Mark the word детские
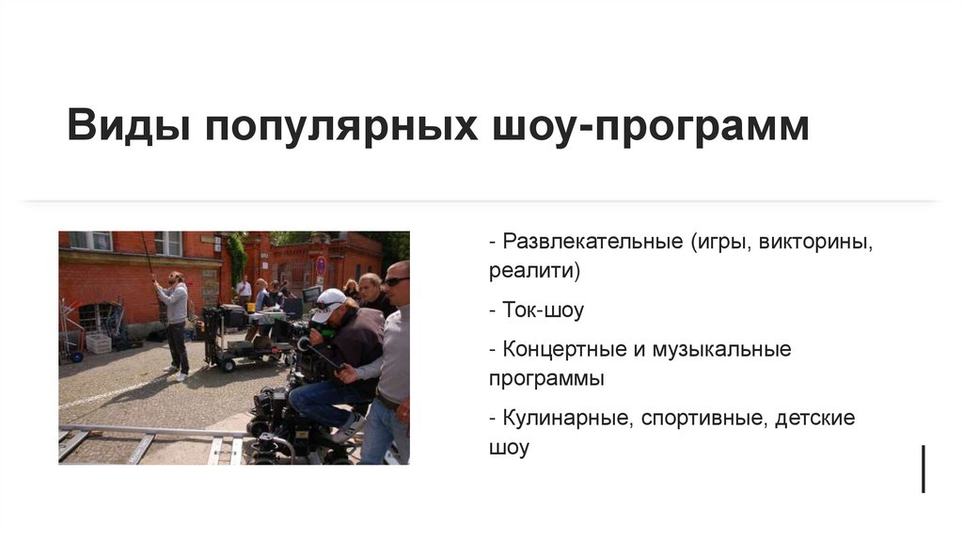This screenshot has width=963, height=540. pyautogui.click(x=815, y=418)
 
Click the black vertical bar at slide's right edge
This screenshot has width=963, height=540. pyautogui.click(x=923, y=469)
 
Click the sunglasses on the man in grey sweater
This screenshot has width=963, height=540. pyautogui.click(x=396, y=280)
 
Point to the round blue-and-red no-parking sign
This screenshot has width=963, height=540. pyautogui.click(x=321, y=265)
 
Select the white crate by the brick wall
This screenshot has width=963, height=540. pyautogui.click(x=99, y=343)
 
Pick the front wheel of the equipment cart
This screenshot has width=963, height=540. pyautogui.click(x=228, y=364)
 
